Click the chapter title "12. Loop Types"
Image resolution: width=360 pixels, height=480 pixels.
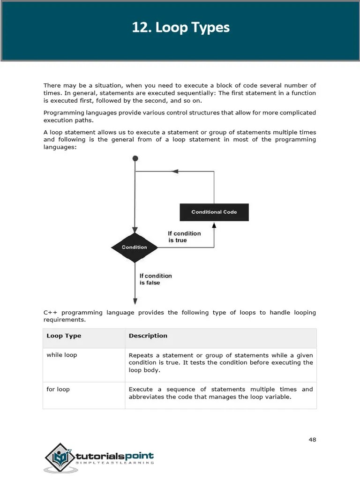click(180, 28)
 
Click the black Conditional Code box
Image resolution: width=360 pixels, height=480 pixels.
click(214, 212)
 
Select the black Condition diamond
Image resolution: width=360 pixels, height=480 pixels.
click(135, 247)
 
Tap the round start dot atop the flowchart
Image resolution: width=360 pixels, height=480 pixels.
click(135, 159)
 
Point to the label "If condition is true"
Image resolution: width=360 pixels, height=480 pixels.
click(184, 237)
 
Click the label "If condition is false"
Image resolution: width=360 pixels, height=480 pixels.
click(155, 279)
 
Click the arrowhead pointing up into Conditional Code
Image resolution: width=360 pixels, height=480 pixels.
click(214, 225)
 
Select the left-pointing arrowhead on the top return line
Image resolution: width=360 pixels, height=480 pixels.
click(175, 172)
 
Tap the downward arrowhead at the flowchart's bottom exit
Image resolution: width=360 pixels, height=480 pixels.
click(135, 301)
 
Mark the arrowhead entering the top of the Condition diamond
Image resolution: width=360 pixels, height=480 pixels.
click(135, 229)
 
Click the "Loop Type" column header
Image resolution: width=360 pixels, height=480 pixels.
click(64, 336)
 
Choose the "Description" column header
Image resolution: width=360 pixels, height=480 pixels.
click(148, 336)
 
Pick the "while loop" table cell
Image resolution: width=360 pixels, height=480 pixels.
click(62, 355)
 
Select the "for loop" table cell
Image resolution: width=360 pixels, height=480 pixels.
click(58, 389)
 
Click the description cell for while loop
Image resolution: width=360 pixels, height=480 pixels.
click(220, 362)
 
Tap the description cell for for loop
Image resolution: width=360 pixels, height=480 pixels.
click(220, 393)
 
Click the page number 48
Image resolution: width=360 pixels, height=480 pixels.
click(312, 439)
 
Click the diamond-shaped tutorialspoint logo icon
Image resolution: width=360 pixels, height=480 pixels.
click(60, 457)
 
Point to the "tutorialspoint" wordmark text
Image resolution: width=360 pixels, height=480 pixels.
click(115, 456)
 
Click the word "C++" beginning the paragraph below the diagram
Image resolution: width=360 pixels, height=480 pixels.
click(50, 313)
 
